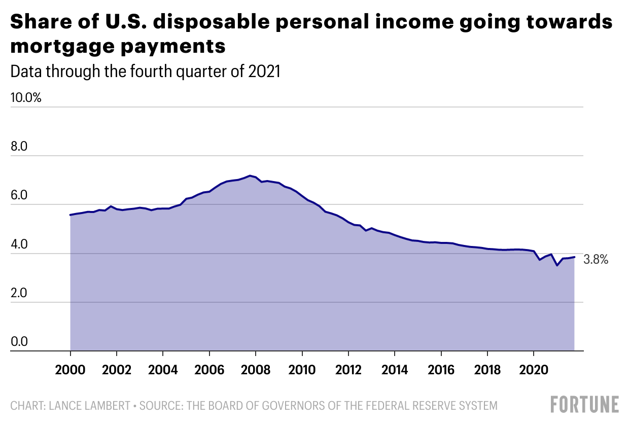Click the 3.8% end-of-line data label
click(x=596, y=260)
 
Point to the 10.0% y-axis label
click(x=26, y=97)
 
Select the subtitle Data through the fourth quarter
click(x=146, y=72)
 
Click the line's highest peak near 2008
click(x=249, y=175)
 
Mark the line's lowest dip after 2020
click(x=557, y=265)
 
